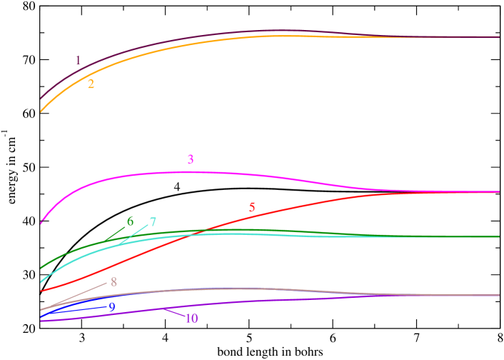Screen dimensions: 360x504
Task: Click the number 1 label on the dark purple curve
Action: pyautogui.click(x=78, y=61)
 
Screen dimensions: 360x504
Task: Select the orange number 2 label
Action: pyautogui.click(x=91, y=84)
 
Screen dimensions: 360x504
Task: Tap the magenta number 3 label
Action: pyautogui.click(x=191, y=159)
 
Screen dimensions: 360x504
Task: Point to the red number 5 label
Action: pyautogui.click(x=252, y=208)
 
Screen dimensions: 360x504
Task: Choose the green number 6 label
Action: pyautogui.click(x=130, y=221)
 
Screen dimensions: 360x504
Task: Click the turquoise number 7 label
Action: pyautogui.click(x=153, y=222)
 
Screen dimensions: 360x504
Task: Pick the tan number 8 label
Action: pyautogui.click(x=114, y=281)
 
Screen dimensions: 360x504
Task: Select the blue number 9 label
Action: pyautogui.click(x=112, y=306)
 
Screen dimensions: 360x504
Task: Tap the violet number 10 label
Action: pyautogui.click(x=191, y=318)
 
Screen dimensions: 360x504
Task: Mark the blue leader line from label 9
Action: pyautogui.click(x=75, y=309)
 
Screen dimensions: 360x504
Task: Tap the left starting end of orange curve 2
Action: pyautogui.click(x=40, y=112)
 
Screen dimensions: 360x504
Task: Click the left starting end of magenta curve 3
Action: pyautogui.click(x=40, y=224)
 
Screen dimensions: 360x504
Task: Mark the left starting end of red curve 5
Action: pyautogui.click(x=41, y=291)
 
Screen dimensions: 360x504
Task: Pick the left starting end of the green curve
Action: pyautogui.click(x=40, y=269)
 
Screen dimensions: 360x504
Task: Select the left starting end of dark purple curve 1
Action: pyautogui.click(x=40, y=99)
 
